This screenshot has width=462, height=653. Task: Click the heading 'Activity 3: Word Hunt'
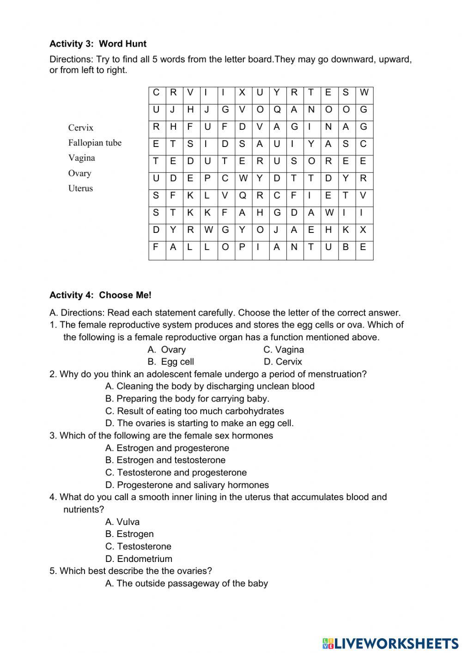(x=98, y=44)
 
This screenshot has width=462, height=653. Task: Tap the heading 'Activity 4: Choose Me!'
(x=100, y=295)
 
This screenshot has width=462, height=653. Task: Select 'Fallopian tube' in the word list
(x=95, y=143)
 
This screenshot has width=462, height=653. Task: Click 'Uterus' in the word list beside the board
(x=80, y=188)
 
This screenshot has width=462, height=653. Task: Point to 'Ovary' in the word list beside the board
(x=79, y=173)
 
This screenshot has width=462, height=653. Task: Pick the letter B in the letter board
(x=346, y=247)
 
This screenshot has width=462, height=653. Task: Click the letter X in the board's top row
(x=242, y=92)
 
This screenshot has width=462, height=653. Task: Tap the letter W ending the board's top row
(x=364, y=92)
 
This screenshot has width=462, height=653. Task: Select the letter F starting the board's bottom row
(x=156, y=247)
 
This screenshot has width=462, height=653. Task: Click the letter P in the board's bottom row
(x=242, y=247)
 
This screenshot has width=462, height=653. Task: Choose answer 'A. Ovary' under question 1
(x=166, y=350)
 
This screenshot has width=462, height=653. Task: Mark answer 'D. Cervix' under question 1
(x=283, y=362)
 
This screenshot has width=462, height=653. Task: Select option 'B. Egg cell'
(x=170, y=362)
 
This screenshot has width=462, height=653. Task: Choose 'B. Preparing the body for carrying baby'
(x=187, y=398)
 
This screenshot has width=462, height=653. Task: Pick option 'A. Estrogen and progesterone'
(x=167, y=448)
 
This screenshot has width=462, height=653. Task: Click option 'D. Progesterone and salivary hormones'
(x=187, y=485)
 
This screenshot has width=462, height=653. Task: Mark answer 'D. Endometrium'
(x=139, y=559)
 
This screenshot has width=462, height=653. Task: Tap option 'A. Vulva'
(x=122, y=522)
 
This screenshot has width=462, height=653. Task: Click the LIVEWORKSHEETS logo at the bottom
(x=390, y=643)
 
